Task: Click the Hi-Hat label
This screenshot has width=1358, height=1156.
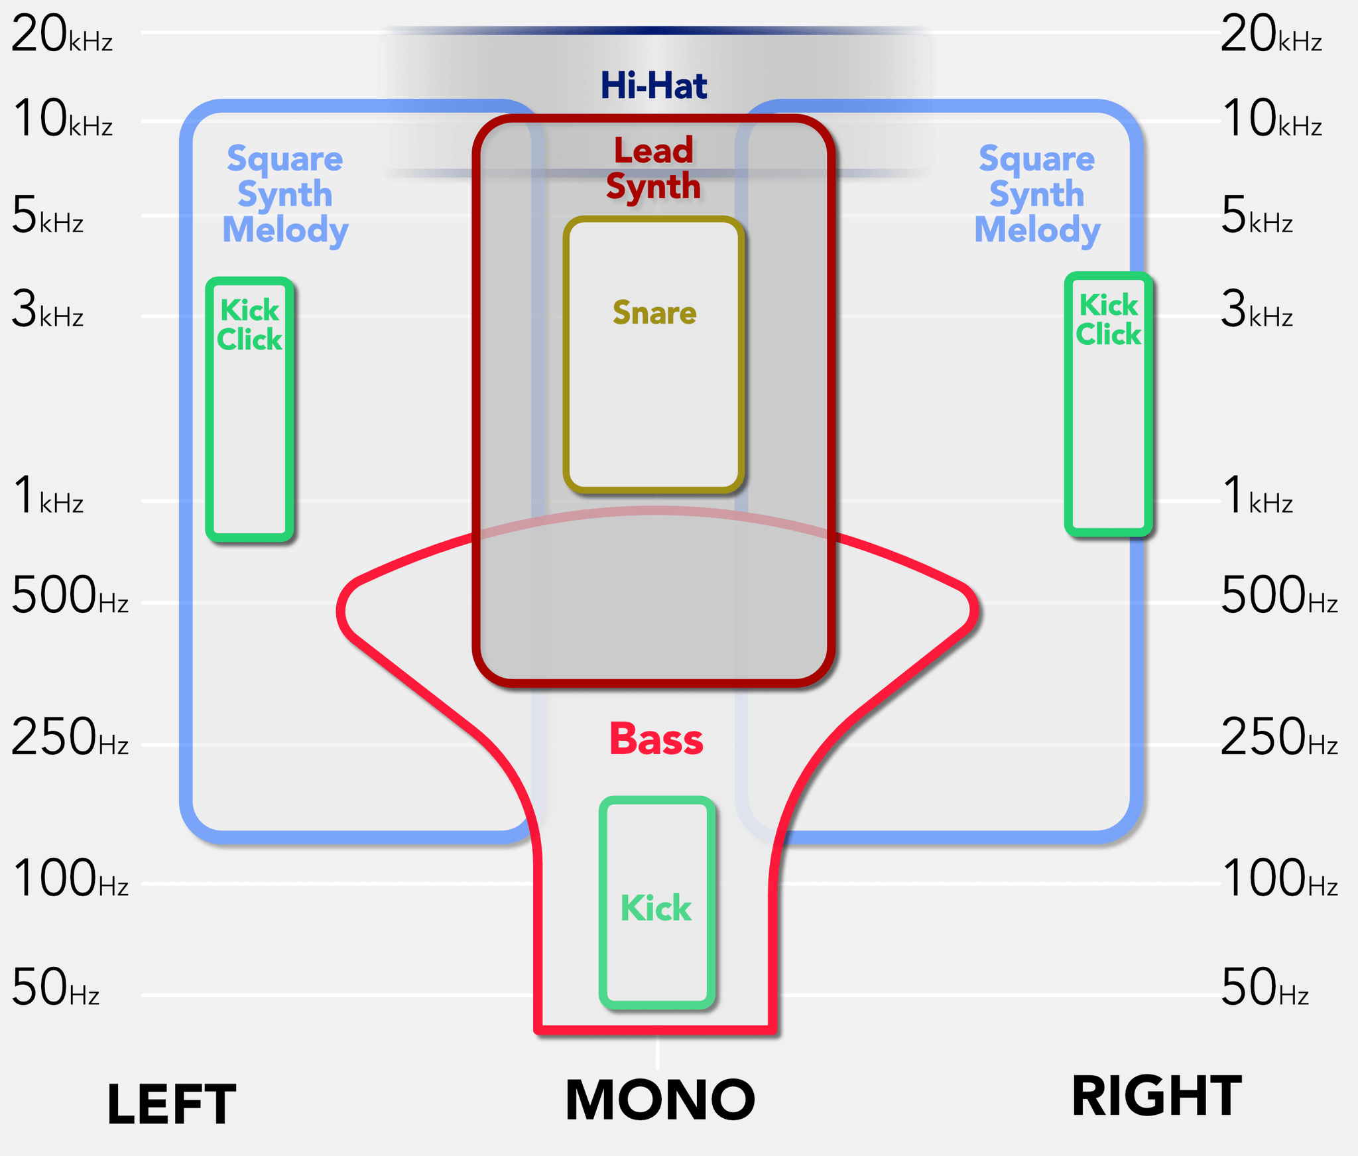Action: click(654, 86)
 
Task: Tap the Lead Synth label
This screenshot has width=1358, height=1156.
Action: click(654, 168)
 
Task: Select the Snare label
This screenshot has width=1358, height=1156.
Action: click(654, 312)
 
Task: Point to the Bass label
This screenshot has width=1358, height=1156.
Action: click(656, 739)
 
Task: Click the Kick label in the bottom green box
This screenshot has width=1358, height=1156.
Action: click(656, 907)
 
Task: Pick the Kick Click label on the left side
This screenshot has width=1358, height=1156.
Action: click(249, 325)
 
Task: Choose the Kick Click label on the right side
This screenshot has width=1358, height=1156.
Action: click(1108, 320)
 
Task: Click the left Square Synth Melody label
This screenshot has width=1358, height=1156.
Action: click(285, 194)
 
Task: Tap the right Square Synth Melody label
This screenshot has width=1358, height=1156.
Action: click(1037, 194)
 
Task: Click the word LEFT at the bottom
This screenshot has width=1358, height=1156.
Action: click(171, 1104)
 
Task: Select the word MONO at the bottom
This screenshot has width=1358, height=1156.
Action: click(660, 1100)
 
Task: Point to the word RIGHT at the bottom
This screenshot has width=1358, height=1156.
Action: click(1156, 1096)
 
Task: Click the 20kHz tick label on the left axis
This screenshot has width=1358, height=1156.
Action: click(62, 34)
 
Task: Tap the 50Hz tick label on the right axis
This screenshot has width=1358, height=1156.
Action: click(1265, 988)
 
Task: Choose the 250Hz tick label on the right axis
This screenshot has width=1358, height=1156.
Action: click(1279, 738)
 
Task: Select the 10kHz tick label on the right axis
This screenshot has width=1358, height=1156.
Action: click(1272, 119)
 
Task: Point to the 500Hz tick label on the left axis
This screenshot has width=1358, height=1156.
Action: click(70, 596)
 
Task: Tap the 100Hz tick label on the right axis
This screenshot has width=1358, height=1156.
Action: click(1279, 879)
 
